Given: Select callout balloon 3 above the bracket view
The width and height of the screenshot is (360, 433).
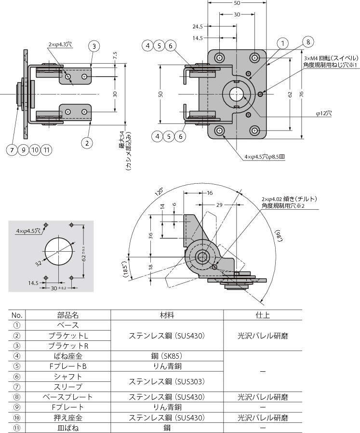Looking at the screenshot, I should tap(94, 46).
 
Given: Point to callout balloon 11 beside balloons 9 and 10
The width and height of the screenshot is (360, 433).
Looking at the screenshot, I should tap(46, 150).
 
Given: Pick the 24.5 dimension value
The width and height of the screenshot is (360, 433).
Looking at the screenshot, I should tap(197, 26).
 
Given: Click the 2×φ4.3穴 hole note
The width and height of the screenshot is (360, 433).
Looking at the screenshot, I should tap(60, 44).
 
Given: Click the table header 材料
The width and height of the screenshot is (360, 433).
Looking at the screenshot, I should tap(167, 315).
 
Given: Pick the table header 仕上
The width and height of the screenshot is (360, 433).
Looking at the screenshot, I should tap(263, 315).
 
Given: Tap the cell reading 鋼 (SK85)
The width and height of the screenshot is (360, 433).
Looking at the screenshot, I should tap(167, 356).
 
